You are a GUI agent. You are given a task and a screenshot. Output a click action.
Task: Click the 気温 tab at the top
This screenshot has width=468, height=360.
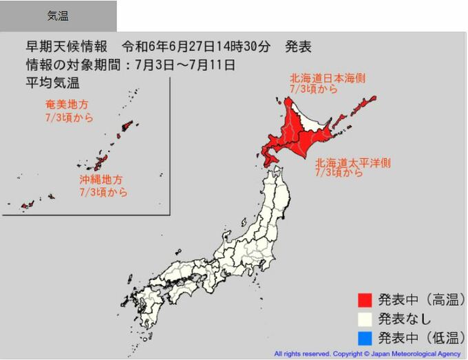58,16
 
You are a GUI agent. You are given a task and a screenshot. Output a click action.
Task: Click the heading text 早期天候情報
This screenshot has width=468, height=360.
67,47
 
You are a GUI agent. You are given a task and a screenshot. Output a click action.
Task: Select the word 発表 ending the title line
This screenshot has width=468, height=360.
298,47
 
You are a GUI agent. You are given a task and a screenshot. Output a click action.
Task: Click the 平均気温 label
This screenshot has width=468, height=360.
53,83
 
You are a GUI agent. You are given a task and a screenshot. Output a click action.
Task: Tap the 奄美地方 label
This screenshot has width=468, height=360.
67,105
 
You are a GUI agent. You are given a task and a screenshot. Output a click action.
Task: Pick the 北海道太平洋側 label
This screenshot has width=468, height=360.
353,163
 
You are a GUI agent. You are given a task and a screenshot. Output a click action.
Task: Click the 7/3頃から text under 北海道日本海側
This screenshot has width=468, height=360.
314,90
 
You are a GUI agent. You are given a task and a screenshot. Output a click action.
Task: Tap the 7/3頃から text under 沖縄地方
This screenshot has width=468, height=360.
103,192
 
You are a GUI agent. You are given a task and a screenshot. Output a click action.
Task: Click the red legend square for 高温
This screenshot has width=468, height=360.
365,299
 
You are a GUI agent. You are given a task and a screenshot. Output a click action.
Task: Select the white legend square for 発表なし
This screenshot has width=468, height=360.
365,319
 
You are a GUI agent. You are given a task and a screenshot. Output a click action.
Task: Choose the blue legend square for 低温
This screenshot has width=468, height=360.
365,338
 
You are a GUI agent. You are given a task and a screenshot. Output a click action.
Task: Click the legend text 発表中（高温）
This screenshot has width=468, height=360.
421,299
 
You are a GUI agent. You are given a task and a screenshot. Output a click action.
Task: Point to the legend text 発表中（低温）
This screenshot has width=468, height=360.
421,338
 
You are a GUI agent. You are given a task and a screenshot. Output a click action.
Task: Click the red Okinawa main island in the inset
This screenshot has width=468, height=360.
100,162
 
